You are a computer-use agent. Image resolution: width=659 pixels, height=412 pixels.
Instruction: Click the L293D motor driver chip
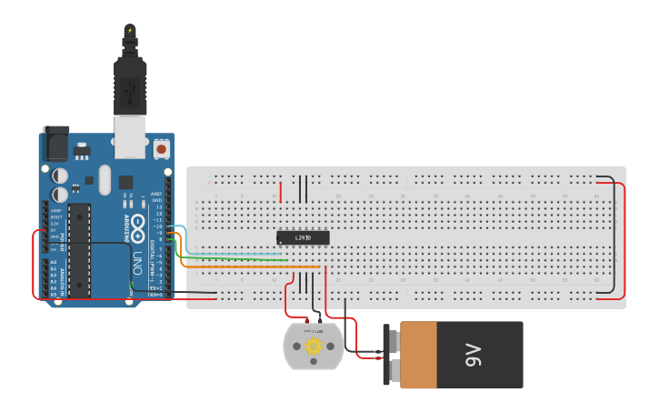[x=303, y=237]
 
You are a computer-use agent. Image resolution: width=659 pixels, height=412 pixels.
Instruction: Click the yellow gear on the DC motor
[x=314, y=346]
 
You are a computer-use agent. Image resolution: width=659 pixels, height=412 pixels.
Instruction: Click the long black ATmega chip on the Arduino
[x=79, y=250]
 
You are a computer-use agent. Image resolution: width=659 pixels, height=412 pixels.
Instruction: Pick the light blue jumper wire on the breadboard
[x=236, y=253]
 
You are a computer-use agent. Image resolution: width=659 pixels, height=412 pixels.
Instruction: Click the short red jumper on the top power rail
[x=281, y=192]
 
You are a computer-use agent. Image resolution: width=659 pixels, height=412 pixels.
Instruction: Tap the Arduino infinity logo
[x=138, y=226]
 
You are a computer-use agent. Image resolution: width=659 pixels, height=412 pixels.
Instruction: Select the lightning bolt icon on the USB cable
[x=130, y=31]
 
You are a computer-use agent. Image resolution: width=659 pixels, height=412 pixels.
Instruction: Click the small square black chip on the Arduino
[x=125, y=182]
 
